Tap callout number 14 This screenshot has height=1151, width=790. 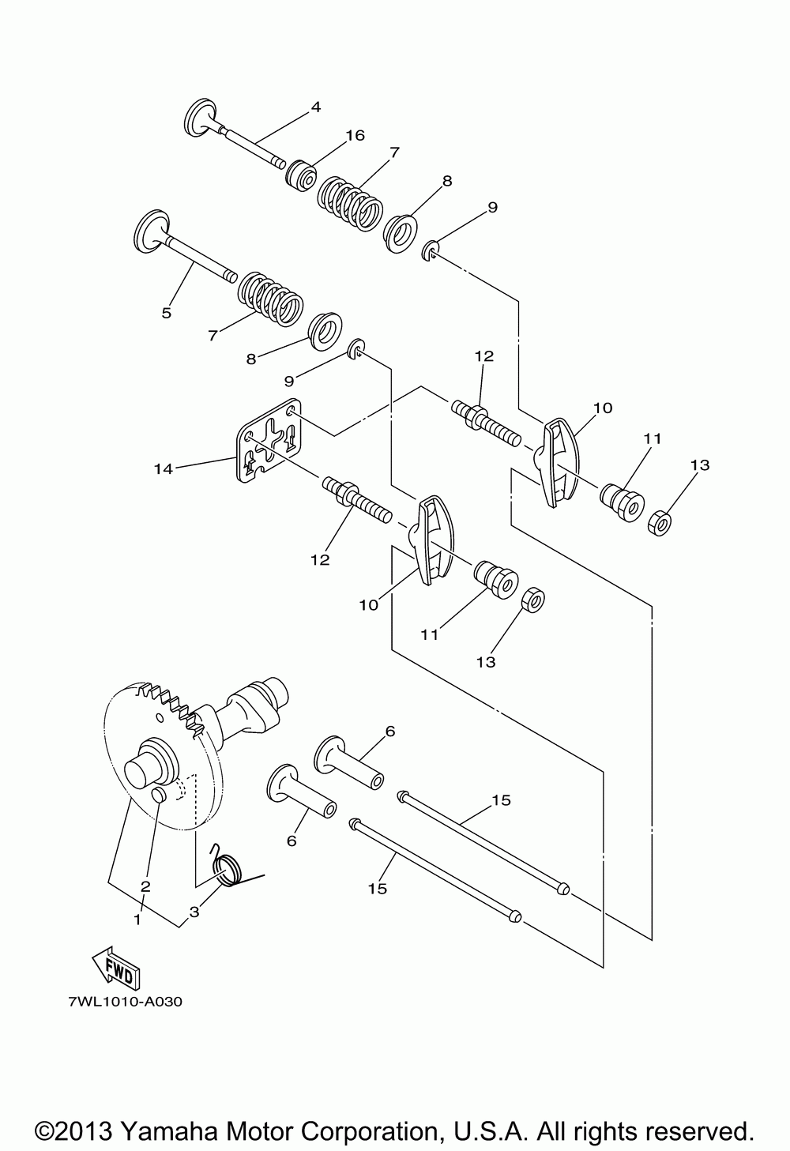pos(164,469)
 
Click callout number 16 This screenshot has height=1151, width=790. pos(355,136)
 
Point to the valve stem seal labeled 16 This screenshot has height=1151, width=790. pos(301,175)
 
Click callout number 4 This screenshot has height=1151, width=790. pos(315,107)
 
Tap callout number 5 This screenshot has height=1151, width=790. pos(166,313)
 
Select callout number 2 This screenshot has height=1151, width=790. pos(145,886)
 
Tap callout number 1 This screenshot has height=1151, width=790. pos(137,920)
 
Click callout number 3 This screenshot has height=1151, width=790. pos(194,912)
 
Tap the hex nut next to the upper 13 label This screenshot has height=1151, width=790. pos(660,523)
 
